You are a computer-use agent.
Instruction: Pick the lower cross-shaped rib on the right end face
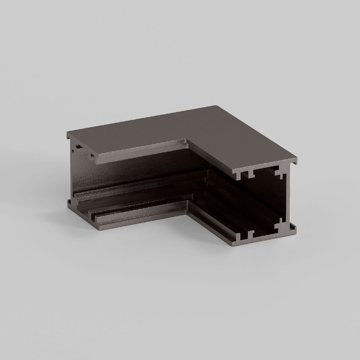[x=281, y=222]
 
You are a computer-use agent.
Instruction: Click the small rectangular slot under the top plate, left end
[x=79, y=147]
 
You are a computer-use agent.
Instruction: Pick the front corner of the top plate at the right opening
[x=234, y=172]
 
